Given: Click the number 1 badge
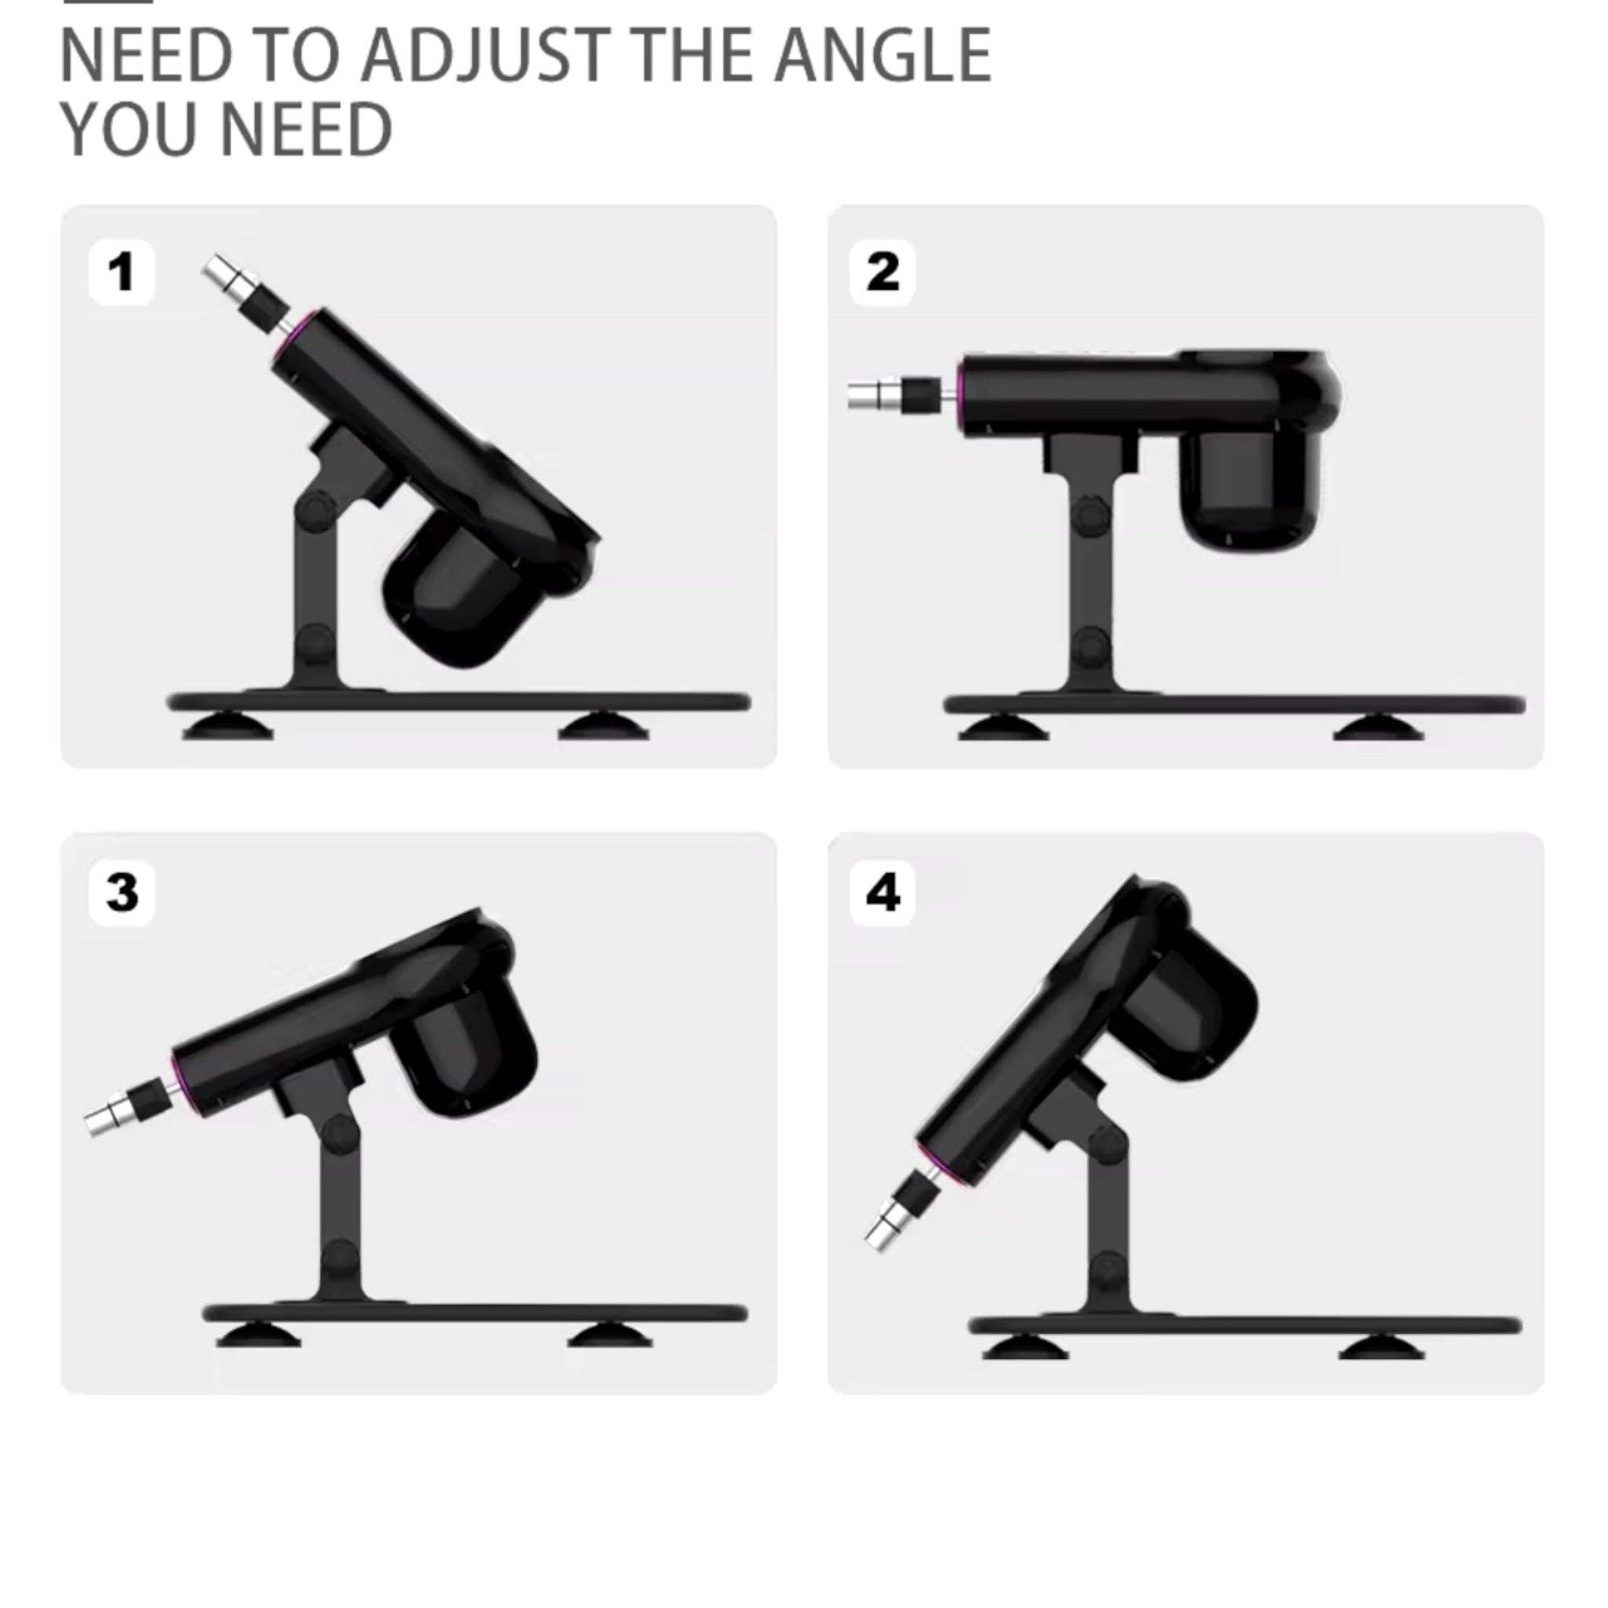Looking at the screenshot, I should pos(122,272).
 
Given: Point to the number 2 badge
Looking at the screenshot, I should pos(883,272).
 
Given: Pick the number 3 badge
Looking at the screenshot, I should pos(122,893).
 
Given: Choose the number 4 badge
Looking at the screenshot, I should pos(883,893).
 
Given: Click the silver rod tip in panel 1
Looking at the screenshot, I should pos(221,273).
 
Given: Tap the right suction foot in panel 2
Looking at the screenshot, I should pos(1377,729).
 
